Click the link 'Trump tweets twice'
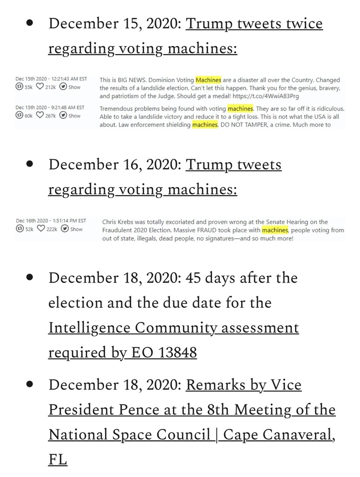[254, 23]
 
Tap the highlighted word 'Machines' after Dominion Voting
[208, 80]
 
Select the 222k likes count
[49, 229]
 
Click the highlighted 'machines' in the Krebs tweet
[275, 230]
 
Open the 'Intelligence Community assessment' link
[173, 328]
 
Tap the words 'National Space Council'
[129, 435]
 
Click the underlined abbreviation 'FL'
[57, 459]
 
